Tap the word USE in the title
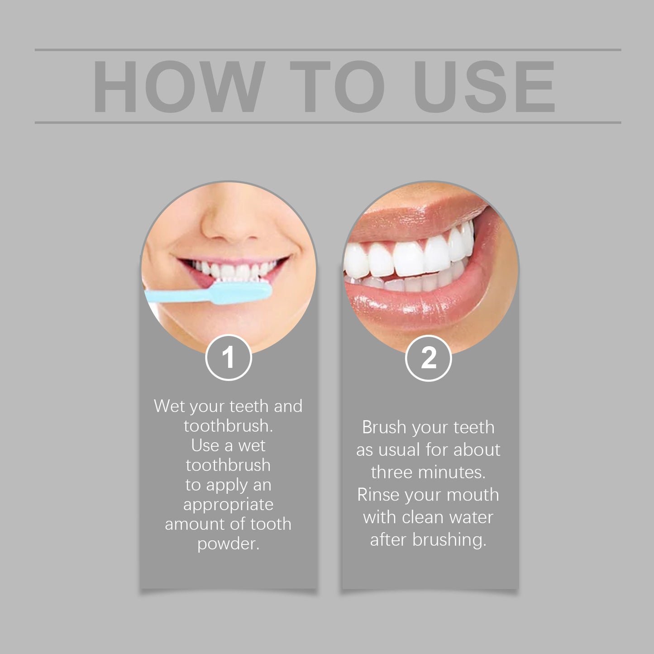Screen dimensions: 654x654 (x=484, y=86)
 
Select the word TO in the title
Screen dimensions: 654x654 (x=337, y=86)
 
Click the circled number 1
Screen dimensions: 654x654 (x=229, y=358)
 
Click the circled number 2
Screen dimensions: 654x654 (x=428, y=358)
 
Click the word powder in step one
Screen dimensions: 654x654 (x=228, y=544)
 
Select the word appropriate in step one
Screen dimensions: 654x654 (x=228, y=505)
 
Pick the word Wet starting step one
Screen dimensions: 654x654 (x=169, y=406)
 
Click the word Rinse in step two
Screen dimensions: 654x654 (x=378, y=495)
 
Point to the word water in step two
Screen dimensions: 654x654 (x=471, y=517)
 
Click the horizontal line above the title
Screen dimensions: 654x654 (x=328, y=50)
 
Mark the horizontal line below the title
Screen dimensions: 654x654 (x=328, y=122)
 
